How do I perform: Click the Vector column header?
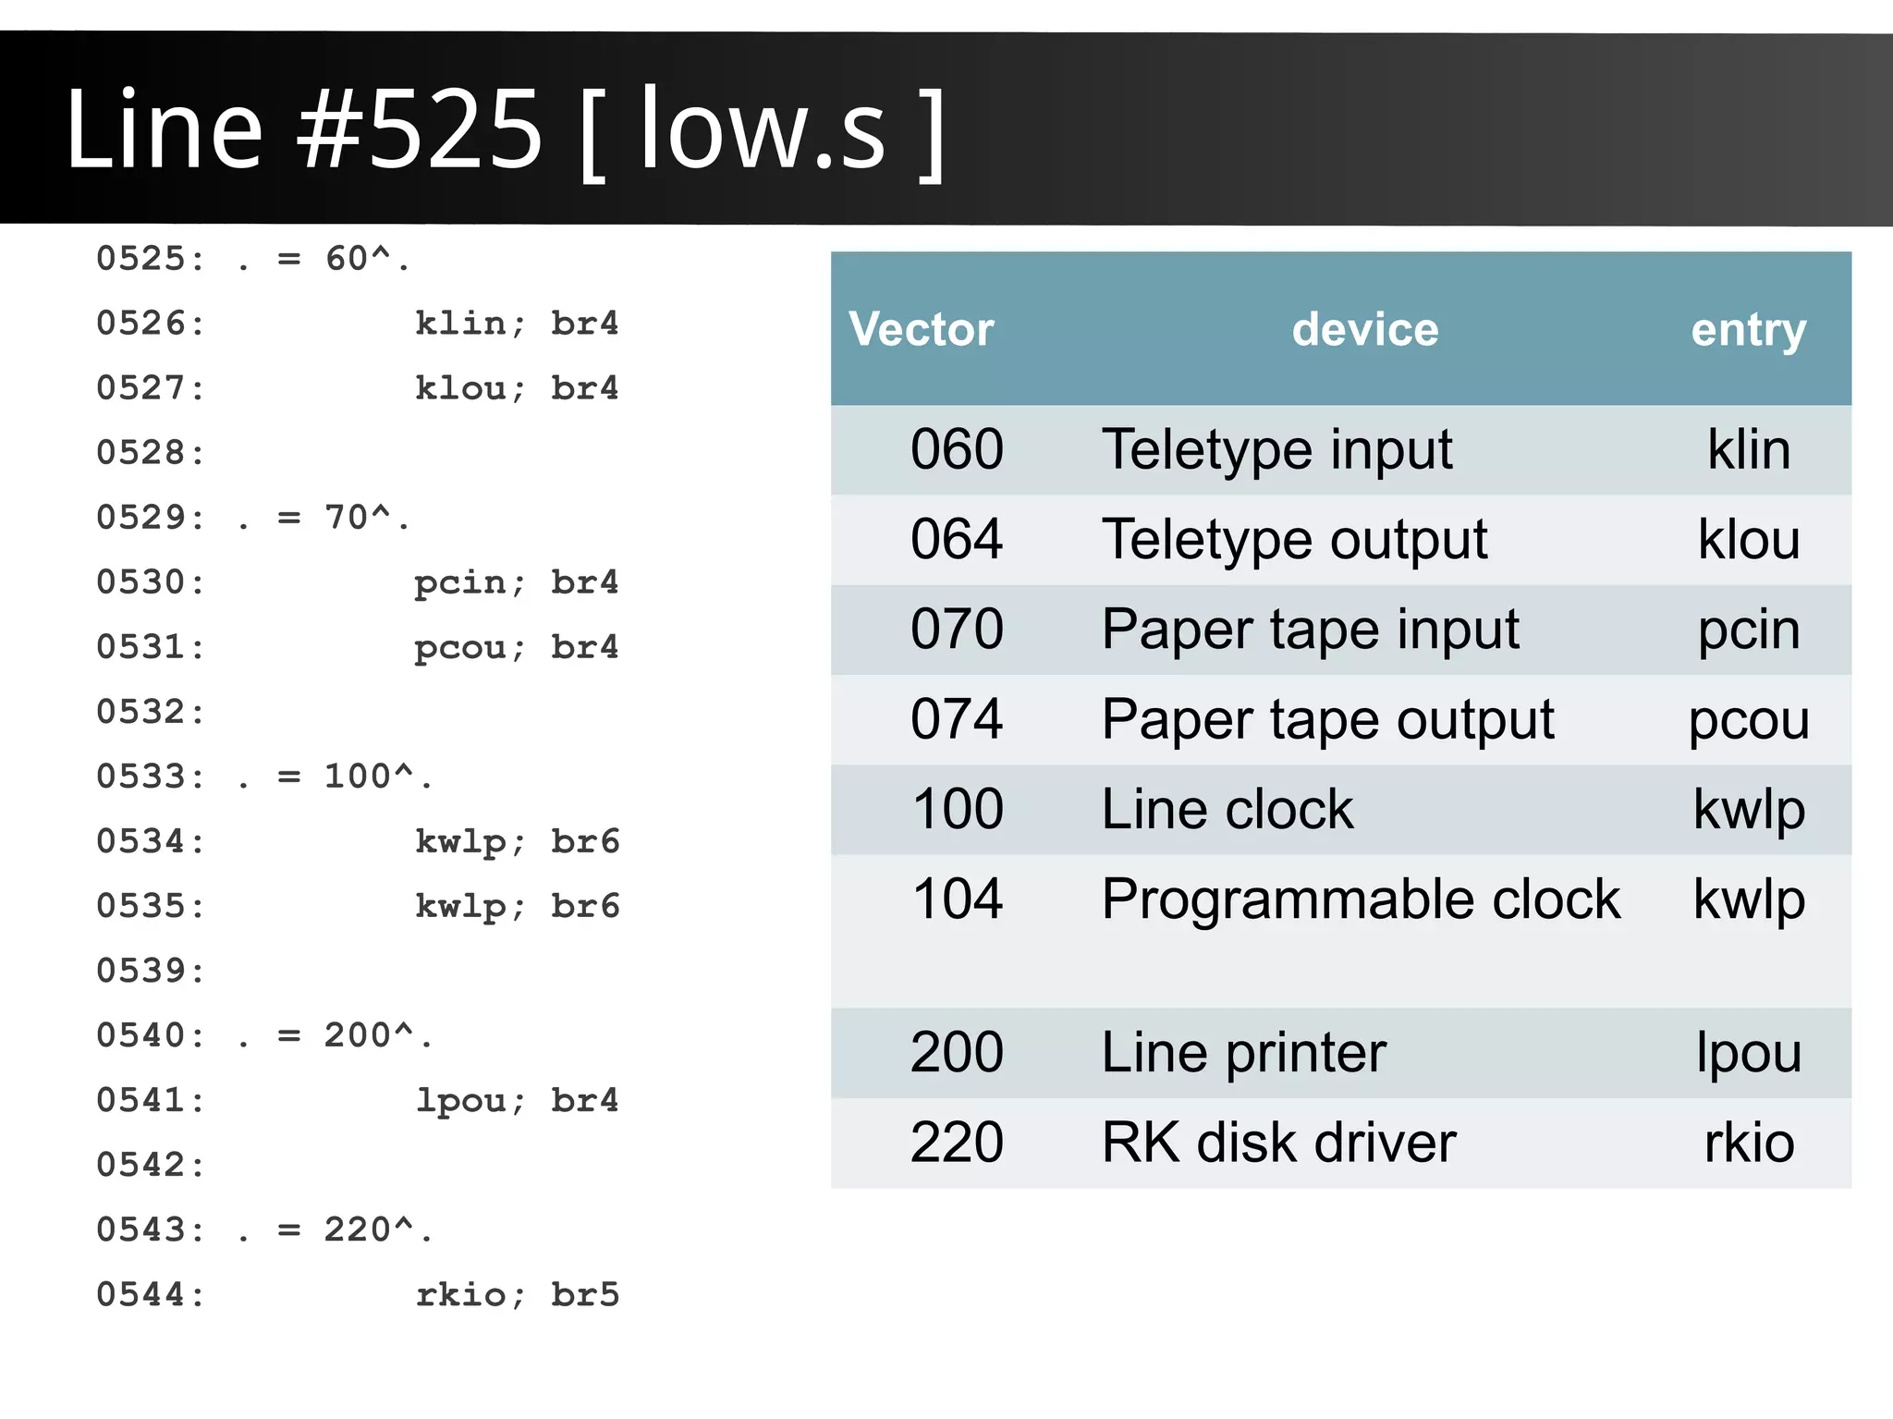[x=921, y=330]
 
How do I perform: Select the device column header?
[x=1364, y=330]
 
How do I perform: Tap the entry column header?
[x=1748, y=330]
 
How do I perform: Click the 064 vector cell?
[x=957, y=539]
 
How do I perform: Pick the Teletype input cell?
[x=1276, y=450]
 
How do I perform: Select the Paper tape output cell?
[x=1327, y=719]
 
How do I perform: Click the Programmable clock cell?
[x=1361, y=899]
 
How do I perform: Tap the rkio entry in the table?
[x=1749, y=1143]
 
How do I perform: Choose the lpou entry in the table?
[x=1749, y=1053]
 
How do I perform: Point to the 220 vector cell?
[x=957, y=1143]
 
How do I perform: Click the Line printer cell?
[x=1243, y=1053]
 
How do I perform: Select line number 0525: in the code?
[x=151, y=259]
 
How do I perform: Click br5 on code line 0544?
[x=585, y=1294]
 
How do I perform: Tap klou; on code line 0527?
[x=470, y=388]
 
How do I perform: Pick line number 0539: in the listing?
[x=151, y=971]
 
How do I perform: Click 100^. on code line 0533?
[x=377, y=777]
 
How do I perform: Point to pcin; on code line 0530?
[x=470, y=583]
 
